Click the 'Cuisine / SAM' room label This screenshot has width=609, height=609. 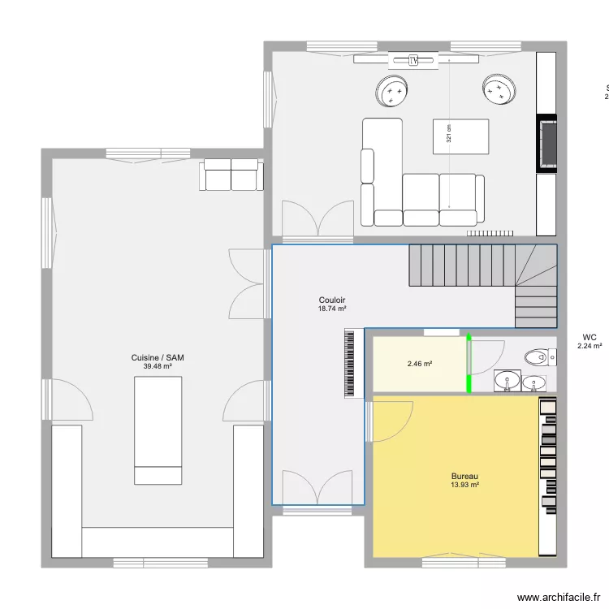[158, 358]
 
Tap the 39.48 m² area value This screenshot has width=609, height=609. [158, 366]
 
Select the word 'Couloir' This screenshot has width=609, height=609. [332, 300]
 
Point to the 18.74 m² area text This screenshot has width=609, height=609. [332, 309]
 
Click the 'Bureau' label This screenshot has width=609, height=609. [464, 477]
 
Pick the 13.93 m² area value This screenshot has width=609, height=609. [464, 485]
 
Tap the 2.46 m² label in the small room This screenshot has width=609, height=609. [419, 364]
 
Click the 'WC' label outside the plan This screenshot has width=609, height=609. [590, 337]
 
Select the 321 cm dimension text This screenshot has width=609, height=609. [448, 135]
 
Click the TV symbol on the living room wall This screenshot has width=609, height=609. [414, 59]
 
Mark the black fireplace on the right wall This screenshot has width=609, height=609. [546, 143]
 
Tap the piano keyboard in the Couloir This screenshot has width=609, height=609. [352, 363]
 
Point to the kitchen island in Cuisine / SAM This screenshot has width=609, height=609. [158, 430]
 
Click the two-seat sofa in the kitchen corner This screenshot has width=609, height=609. [231, 174]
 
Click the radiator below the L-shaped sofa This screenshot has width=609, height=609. [492, 233]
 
